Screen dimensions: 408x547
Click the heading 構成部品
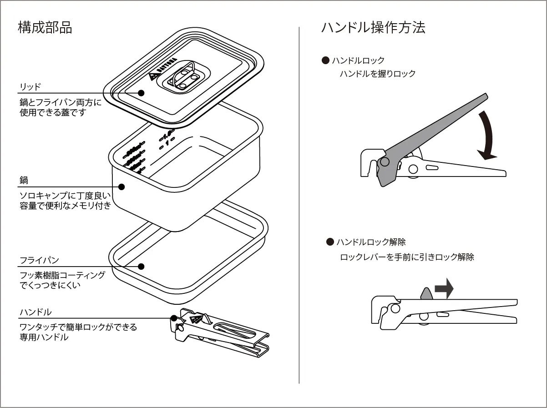[45, 28]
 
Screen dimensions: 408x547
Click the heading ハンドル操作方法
[373, 28]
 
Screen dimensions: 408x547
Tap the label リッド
[30, 86]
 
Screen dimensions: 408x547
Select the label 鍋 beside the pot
[24, 181]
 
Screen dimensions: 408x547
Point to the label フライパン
[39, 261]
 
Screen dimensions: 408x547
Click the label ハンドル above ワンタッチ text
[35, 312]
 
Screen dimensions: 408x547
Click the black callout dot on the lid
[141, 93]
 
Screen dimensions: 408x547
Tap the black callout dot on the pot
[122, 186]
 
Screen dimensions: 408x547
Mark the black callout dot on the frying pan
[141, 267]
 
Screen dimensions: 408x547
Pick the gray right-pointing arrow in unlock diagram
[444, 289]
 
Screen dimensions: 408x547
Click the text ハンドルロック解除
[371, 242]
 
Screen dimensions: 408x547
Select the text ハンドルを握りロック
[378, 74]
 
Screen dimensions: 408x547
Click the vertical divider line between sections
[299, 205]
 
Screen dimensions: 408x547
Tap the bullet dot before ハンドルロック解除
[330, 242]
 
